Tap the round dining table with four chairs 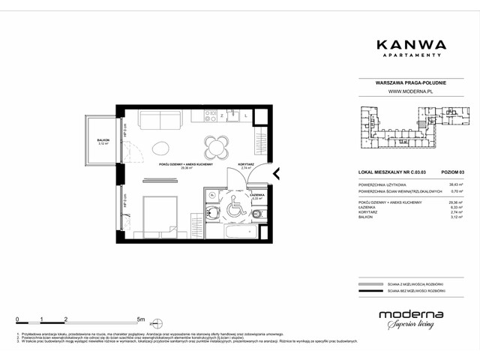click(217, 145)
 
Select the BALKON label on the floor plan click(103, 140)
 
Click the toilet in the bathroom click(257, 215)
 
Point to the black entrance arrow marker click(277, 175)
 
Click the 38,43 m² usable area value click(454, 184)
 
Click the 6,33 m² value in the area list click(454, 208)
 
